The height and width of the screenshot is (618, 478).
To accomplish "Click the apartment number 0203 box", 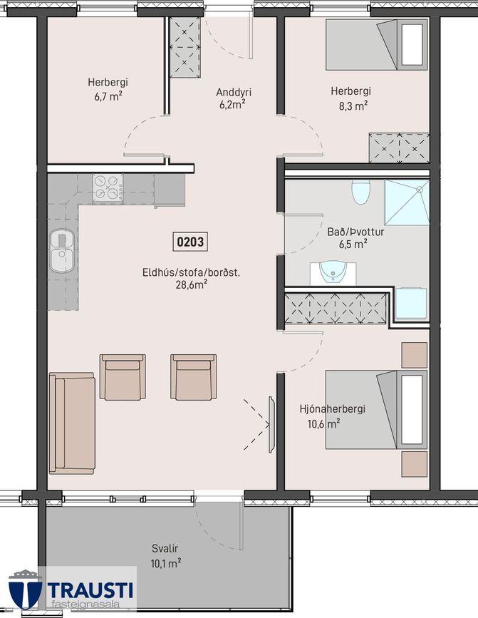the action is tap(190, 242).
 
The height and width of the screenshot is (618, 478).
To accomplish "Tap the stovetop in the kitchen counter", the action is tap(108, 189).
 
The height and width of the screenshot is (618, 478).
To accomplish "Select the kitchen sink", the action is tap(62, 251).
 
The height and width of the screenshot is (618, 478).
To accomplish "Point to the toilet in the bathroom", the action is tap(360, 192).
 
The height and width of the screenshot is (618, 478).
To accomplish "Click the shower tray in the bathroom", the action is tap(407, 202).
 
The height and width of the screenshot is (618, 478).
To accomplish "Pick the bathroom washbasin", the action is tap(333, 273).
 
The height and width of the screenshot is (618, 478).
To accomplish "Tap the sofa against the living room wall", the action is tap(72, 423).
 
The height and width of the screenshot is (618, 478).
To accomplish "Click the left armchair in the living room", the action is tap(123, 377).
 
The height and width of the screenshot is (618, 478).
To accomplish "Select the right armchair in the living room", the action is tap(193, 377).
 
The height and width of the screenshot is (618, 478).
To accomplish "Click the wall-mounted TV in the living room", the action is tap(271, 425).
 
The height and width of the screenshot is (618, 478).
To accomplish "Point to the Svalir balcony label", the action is tap(165, 548).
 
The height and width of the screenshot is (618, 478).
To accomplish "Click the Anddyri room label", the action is tap(234, 92).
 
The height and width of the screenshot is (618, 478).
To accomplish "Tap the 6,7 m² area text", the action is tap(108, 96).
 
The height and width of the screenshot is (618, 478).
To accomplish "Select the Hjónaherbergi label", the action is tap(332, 408).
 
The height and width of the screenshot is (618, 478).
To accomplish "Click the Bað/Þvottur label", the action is tap(355, 232).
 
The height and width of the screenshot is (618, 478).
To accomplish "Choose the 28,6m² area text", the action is tap(192, 284).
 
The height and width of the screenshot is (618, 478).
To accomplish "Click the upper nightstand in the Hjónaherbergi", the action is tap(414, 355).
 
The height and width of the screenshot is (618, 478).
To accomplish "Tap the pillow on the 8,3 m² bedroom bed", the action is tap(412, 44).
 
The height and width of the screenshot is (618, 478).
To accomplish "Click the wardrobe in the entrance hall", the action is tap(185, 47).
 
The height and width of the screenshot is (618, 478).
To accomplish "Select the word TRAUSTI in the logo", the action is tap(90, 590).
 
